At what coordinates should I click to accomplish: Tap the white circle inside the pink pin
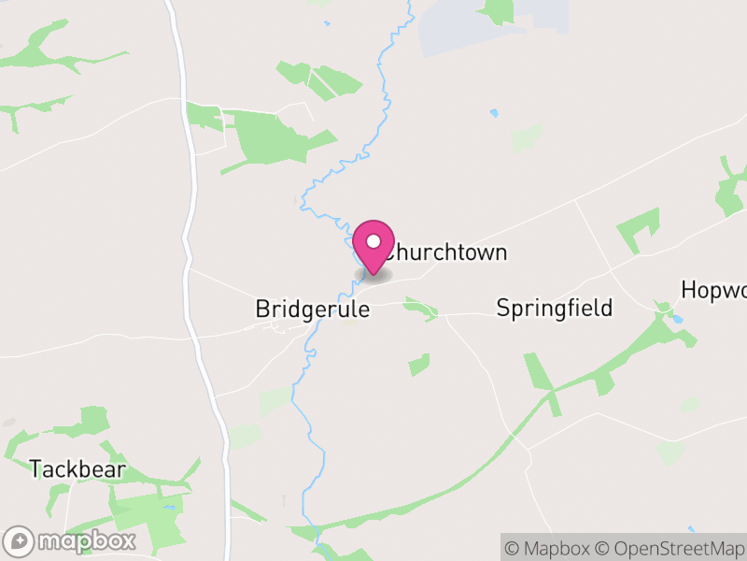point(373,242)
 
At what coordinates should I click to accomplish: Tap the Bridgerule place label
point(312,309)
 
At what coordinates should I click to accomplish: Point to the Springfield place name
point(554,308)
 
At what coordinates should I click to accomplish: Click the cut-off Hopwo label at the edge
point(714,289)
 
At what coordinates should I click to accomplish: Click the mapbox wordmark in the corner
point(86,540)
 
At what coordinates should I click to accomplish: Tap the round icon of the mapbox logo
point(20,540)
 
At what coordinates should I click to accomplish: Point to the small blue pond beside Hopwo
point(678,319)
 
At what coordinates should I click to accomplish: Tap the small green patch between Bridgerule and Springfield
point(421,309)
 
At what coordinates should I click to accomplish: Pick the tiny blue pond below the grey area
point(493,113)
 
